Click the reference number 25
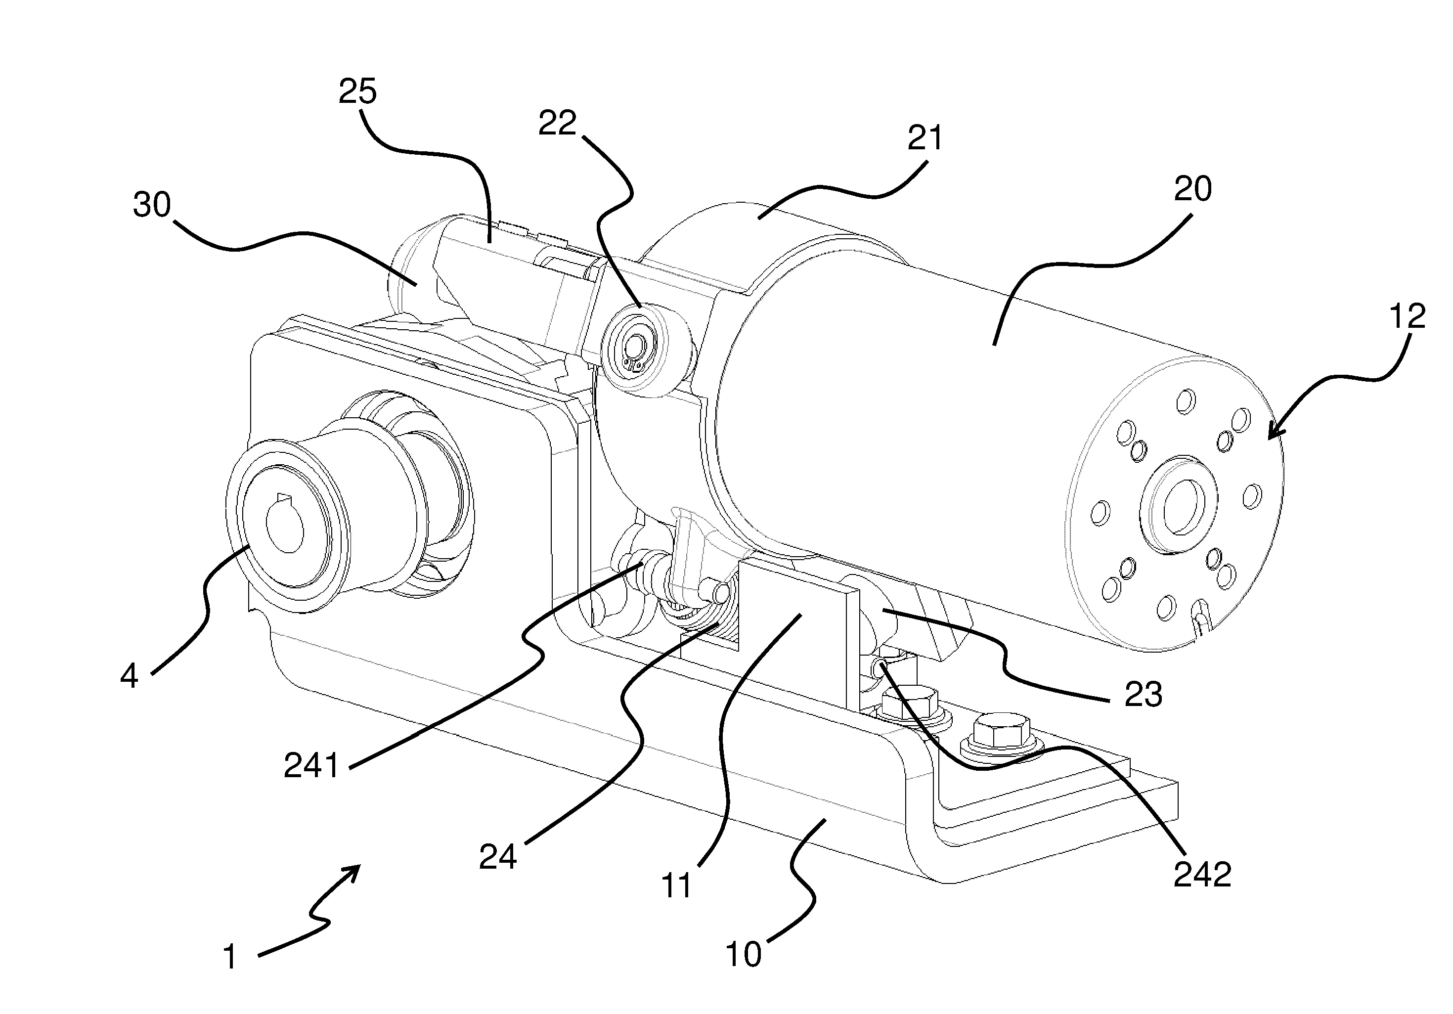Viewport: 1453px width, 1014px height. [x=357, y=92]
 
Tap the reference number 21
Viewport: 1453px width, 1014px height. [x=925, y=138]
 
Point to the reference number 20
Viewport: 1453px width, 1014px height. [x=1193, y=189]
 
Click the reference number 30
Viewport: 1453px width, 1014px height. [x=152, y=205]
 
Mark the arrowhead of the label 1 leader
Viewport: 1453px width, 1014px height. [x=358, y=869]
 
